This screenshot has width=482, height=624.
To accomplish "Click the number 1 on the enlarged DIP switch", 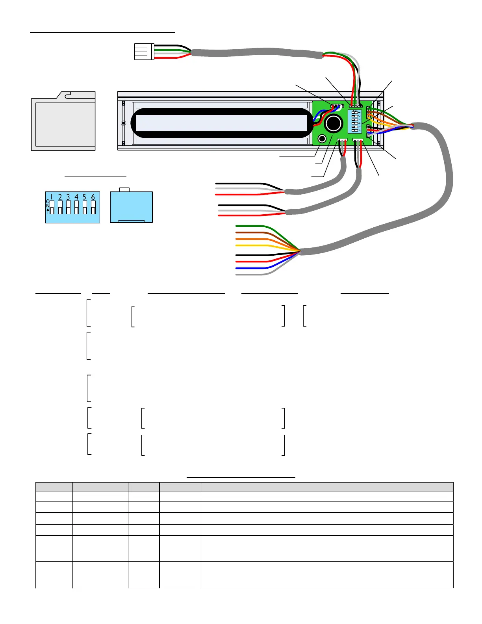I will click(52, 197).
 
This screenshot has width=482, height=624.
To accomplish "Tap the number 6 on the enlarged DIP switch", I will click(93, 197).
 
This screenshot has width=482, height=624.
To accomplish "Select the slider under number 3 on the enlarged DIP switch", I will click(69, 208).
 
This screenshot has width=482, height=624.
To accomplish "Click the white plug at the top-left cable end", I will click(144, 52).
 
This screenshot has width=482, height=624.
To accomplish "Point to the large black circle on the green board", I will click(334, 124).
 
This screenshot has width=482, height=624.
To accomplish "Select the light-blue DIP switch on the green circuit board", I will click(355, 121).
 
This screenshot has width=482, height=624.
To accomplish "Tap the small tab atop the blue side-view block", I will click(124, 190).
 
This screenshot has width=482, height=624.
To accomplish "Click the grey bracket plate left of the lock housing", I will click(63, 122).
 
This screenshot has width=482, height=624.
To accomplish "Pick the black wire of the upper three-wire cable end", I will click(240, 184).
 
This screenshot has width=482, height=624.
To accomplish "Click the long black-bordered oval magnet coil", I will click(222, 123).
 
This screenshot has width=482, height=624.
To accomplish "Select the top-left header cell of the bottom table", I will click(54, 487).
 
